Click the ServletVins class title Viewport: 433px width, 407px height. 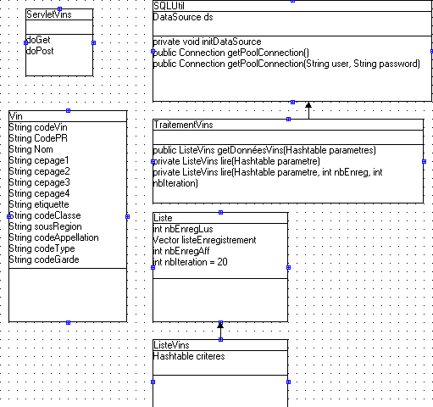[x=49, y=14]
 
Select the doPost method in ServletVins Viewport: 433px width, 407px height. [x=40, y=51]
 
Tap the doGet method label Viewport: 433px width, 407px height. [x=38, y=40]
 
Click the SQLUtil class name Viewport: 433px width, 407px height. [x=169, y=6]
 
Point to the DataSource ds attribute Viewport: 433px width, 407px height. [x=183, y=17]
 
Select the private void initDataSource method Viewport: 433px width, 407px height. [x=207, y=42]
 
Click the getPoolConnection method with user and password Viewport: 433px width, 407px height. [x=286, y=64]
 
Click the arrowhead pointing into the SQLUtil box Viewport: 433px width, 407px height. [x=308, y=105]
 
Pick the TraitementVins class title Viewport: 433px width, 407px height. [x=183, y=125]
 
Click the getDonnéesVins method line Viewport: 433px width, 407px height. [x=264, y=150]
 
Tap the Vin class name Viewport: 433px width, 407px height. [x=16, y=116]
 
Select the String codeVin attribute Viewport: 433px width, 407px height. [x=38, y=127]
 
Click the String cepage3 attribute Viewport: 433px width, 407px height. [x=39, y=182]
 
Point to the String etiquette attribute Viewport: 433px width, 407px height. [x=39, y=204]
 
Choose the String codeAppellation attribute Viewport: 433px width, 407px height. [x=54, y=237]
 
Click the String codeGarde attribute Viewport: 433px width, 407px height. [x=44, y=259]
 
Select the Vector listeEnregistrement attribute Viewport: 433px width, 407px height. [x=204, y=240]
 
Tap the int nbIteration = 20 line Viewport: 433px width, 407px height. [x=190, y=262]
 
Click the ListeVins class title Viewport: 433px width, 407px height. [x=171, y=345]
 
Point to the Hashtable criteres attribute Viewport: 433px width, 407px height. [x=189, y=356]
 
